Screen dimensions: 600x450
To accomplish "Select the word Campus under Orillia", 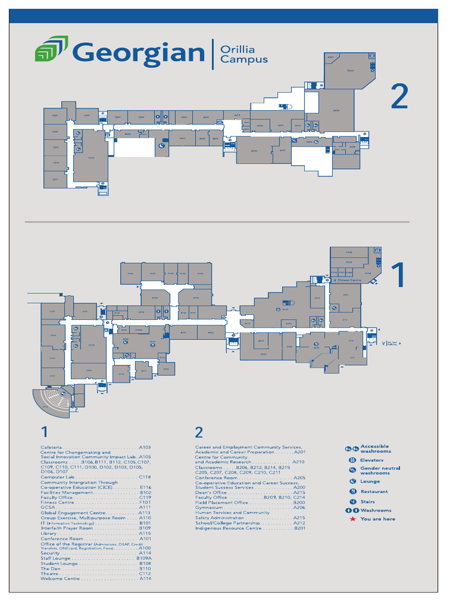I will pos(244,59).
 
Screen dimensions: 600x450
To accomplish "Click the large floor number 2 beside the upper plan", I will pos(399,97).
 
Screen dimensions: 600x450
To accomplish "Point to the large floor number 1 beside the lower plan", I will pos(398,276).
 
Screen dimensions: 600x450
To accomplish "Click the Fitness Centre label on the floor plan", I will pos(349,280).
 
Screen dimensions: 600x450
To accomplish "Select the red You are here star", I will pos(353,519).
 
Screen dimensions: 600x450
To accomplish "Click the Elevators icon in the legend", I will pos(353,461).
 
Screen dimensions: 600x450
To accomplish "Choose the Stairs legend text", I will pos(368,502).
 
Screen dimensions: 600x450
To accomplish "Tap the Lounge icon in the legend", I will pos(353,482).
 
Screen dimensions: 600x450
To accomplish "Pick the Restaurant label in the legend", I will pos(374,492).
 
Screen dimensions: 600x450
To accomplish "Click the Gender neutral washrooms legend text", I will pos(380,471).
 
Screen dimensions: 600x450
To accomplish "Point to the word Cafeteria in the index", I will pos(51,447).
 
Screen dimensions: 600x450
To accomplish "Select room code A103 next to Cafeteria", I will pos(145,447).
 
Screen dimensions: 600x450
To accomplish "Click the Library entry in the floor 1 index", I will pos(49,533).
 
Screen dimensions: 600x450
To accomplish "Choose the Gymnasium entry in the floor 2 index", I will pos(210,507).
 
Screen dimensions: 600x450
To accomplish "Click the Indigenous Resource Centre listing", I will pos(228,528).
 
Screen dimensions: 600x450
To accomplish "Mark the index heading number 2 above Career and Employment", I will pos(199,432).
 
